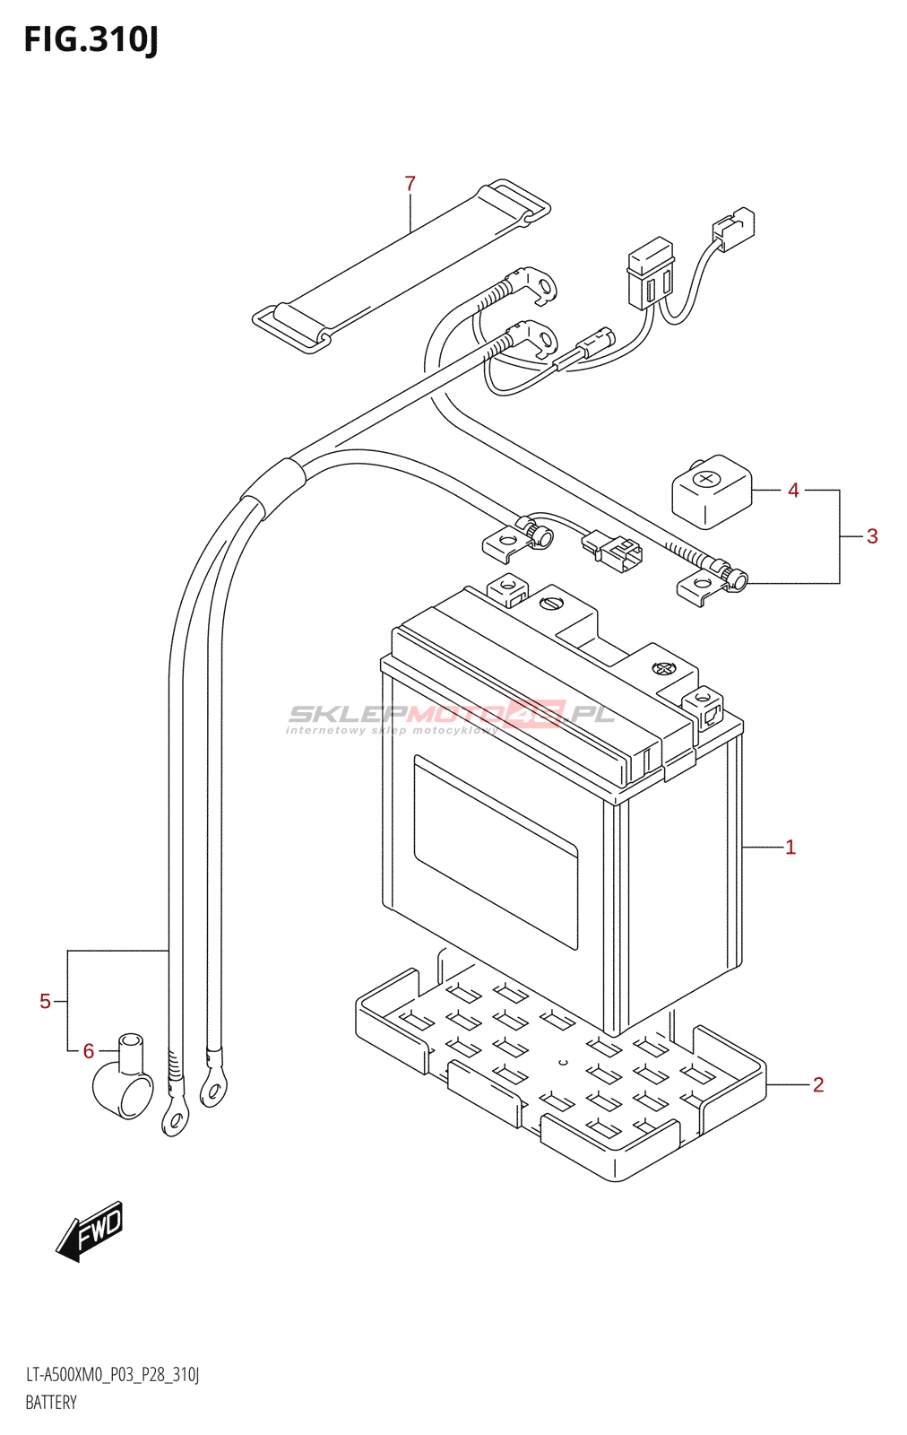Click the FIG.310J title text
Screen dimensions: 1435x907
click(x=91, y=39)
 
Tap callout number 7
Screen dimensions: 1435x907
click(x=410, y=184)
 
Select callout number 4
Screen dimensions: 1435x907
click(x=793, y=491)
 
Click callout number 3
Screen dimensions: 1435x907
click(x=871, y=536)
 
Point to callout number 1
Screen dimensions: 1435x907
click(x=790, y=847)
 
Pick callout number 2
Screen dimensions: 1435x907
click(x=817, y=1085)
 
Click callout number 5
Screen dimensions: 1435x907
click(x=45, y=1001)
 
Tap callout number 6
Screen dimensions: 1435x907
click(x=88, y=1051)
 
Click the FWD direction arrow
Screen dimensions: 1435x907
click(x=91, y=1231)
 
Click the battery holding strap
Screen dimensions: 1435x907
click(x=401, y=265)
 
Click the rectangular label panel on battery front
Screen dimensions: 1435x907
click(x=495, y=851)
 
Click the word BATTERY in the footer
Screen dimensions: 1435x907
click(x=51, y=1403)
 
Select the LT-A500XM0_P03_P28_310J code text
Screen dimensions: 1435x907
click(x=112, y=1375)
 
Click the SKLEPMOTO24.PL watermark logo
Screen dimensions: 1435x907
click(x=450, y=716)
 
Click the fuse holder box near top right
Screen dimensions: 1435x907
click(x=650, y=273)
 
